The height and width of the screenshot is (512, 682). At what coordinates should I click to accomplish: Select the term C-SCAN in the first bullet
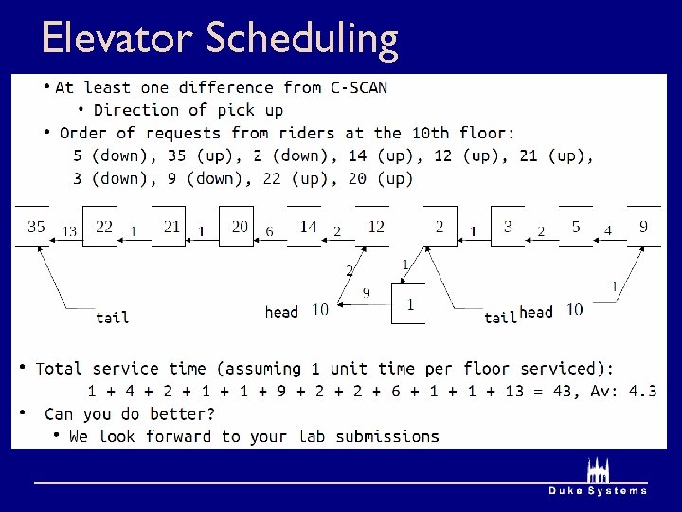click(358, 87)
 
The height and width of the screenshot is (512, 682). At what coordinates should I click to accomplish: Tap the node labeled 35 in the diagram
click(36, 227)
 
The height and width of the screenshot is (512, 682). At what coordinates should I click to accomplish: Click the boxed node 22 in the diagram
click(103, 227)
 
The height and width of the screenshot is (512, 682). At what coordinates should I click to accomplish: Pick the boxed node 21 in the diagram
click(170, 227)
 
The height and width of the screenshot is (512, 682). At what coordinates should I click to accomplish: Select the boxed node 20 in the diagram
click(239, 227)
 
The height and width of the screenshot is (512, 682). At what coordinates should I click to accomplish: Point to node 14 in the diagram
click(308, 227)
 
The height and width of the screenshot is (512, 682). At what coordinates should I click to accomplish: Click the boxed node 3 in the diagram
click(508, 227)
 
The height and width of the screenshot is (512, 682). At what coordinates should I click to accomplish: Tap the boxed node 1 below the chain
click(409, 304)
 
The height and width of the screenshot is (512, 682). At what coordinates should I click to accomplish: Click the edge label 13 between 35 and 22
click(69, 231)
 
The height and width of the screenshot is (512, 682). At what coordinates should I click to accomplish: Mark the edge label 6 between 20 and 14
click(269, 231)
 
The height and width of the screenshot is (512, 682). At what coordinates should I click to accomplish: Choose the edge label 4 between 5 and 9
click(608, 230)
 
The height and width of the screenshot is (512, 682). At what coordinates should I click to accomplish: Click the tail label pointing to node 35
click(112, 318)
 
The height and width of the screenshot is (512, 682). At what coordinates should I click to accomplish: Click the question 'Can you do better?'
click(130, 413)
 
